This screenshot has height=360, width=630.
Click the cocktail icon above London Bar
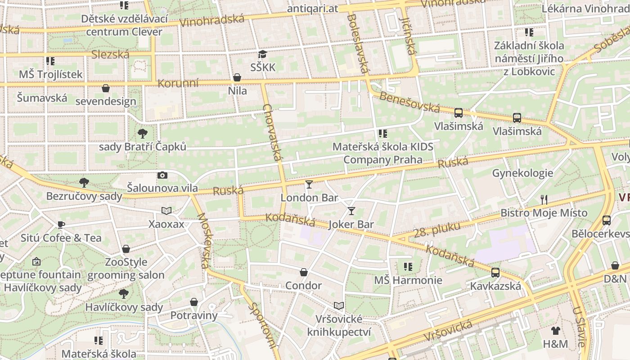(309, 184)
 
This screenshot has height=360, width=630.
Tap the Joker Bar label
(351, 224)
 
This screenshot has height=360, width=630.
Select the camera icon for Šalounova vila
(162, 175)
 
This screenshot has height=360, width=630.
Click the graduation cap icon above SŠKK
(262, 54)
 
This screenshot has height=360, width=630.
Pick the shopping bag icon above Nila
(237, 78)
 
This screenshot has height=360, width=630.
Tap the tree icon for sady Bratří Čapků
(143, 133)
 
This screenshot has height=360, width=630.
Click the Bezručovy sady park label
(84, 196)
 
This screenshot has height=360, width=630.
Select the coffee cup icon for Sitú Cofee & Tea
(61, 225)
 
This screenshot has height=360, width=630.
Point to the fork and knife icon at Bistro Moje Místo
(544, 199)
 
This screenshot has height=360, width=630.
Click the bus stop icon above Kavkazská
(495, 272)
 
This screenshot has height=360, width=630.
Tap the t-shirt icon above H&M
(556, 331)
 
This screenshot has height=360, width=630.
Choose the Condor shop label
(303, 286)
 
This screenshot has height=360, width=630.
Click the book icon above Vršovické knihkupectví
(339, 306)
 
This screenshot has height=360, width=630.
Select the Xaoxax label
(166, 224)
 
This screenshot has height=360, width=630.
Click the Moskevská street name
(203, 241)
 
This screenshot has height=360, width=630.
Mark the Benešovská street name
(409, 102)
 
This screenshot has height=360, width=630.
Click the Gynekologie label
(522, 173)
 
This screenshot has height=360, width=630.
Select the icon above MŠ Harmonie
(408, 267)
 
